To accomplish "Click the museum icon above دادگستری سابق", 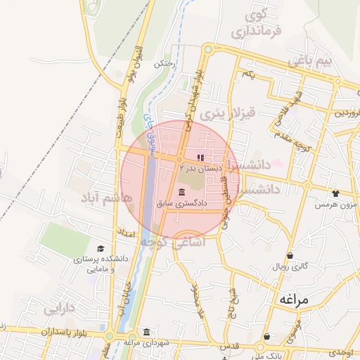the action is click(182, 192).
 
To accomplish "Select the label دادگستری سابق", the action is click(182, 203).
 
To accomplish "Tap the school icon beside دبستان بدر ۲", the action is click(200, 157).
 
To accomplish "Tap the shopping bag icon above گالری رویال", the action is click(290, 255).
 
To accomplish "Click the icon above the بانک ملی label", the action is click(267, 337).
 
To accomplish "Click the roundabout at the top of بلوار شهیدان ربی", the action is click(207, 49).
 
